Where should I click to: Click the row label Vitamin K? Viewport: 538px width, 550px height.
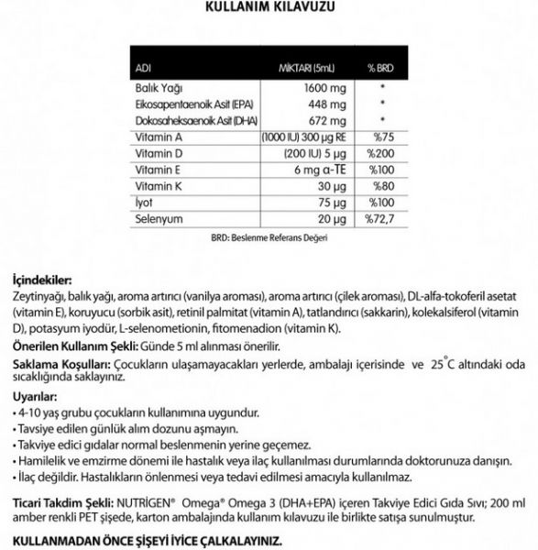pos(157,187)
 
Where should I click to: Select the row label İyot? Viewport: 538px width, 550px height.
pos(144,203)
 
